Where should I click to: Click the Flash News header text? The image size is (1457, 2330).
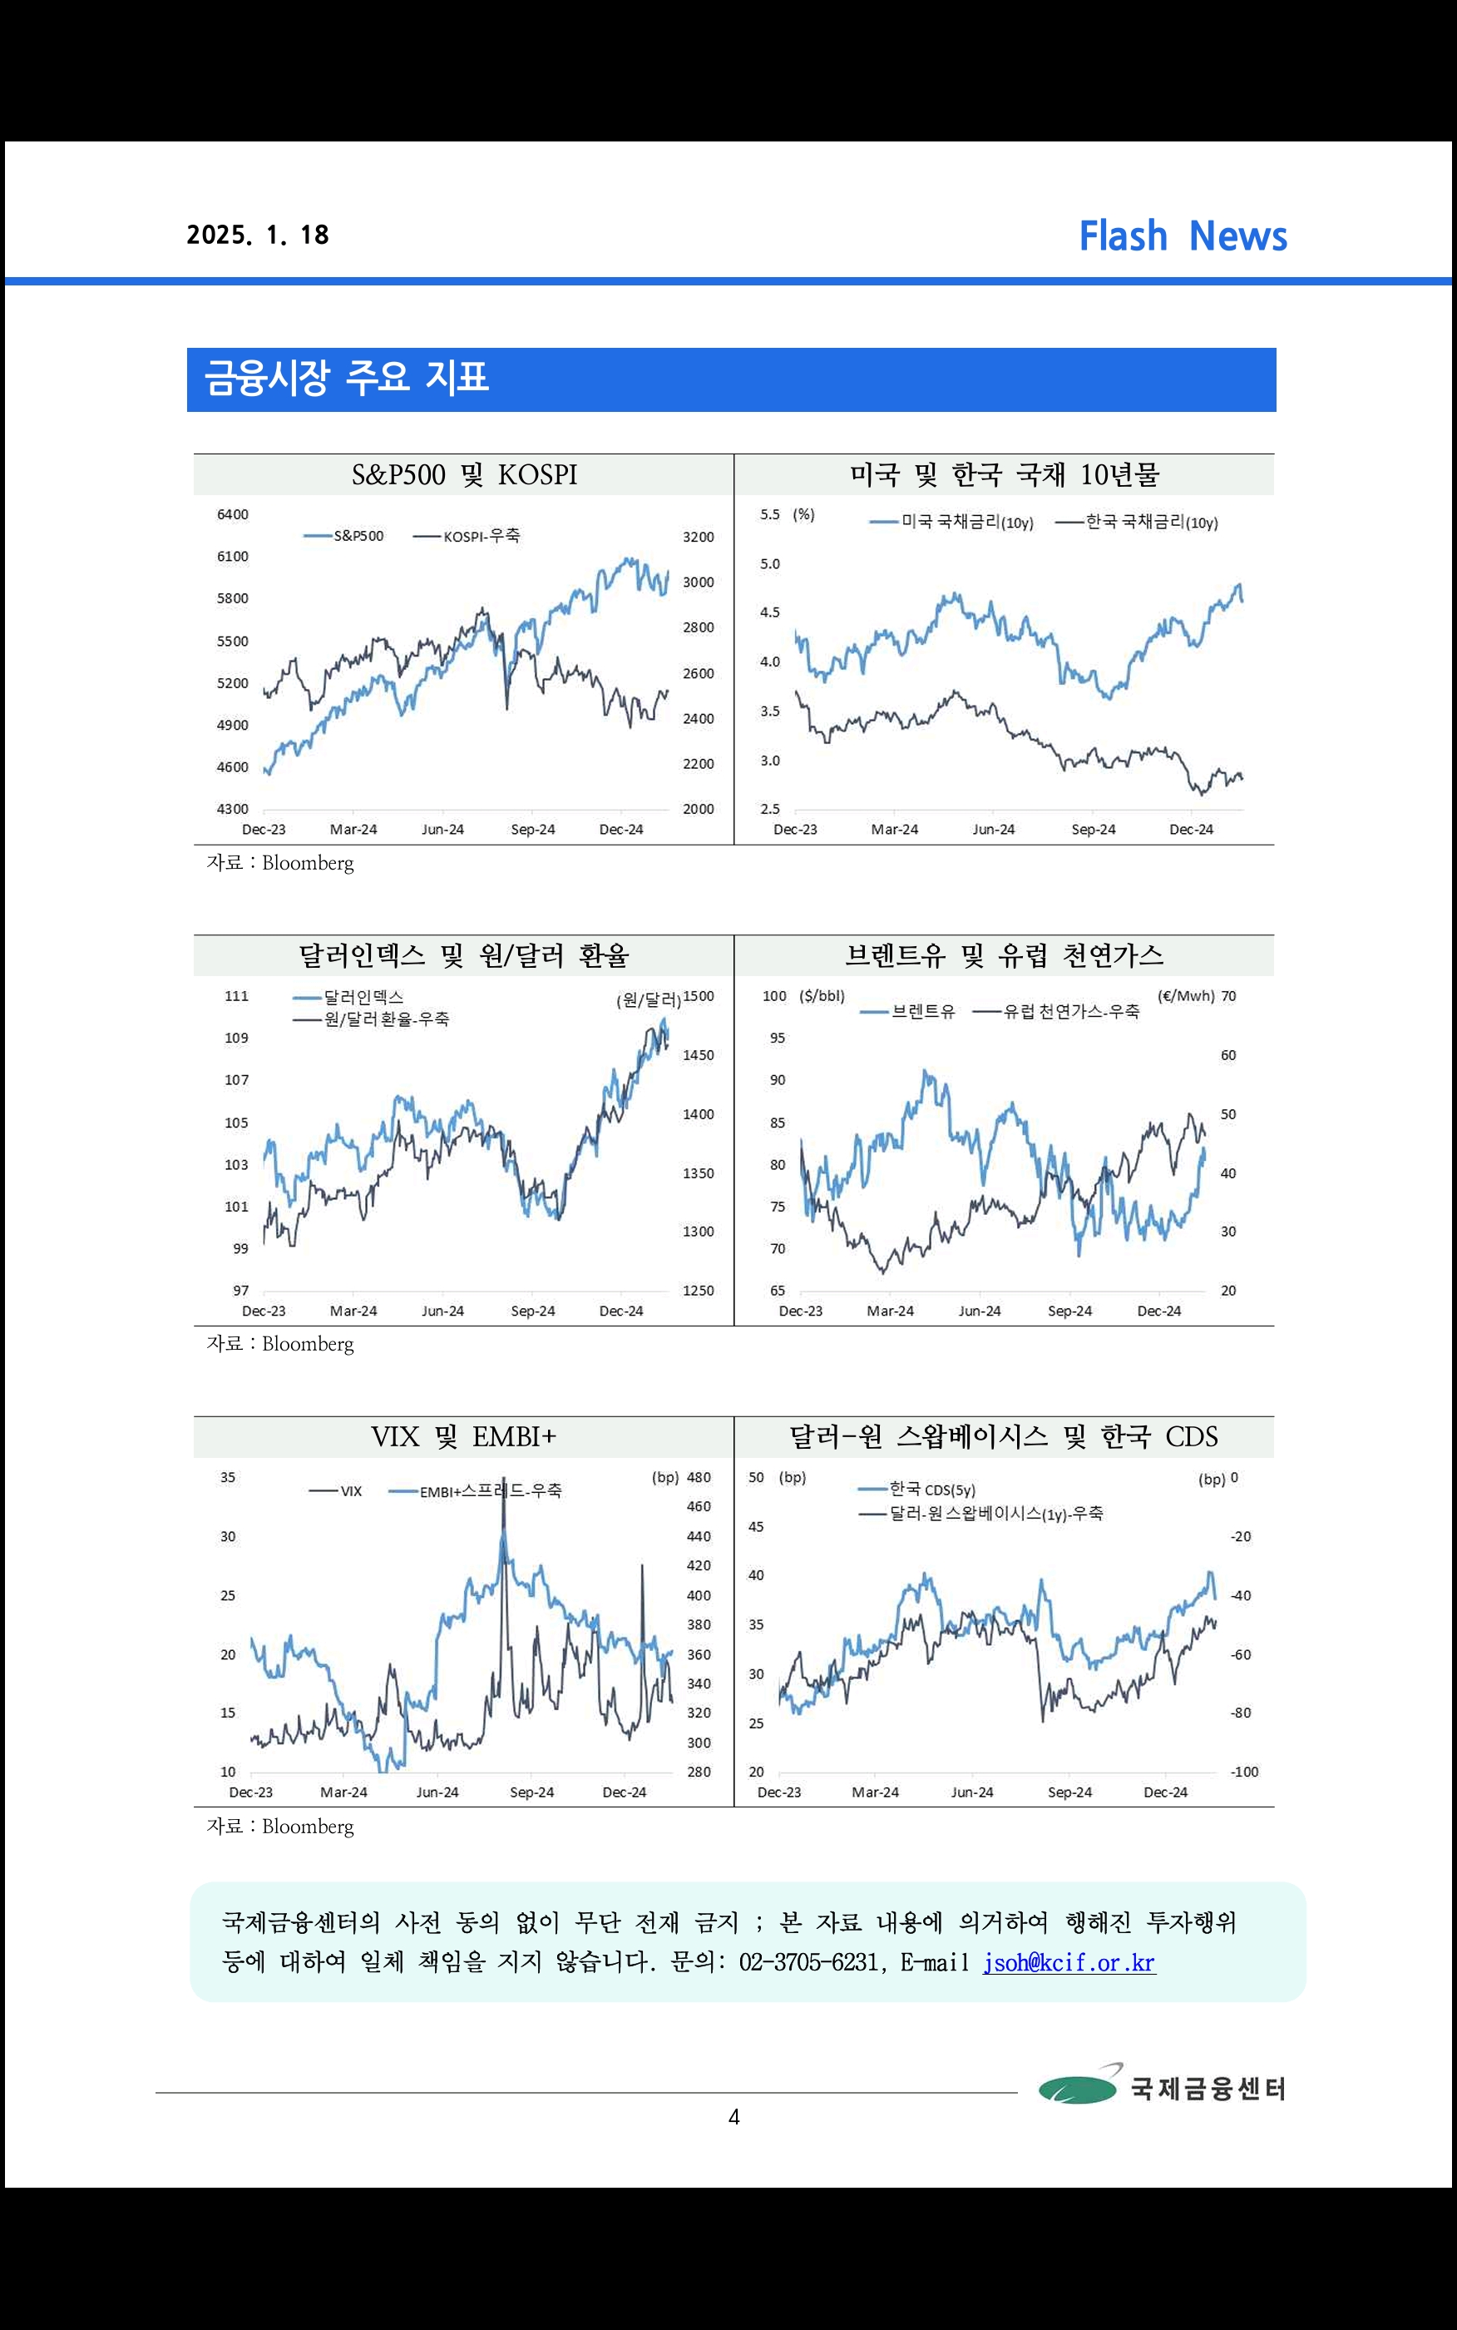point(1183,236)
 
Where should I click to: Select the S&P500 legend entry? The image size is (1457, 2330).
point(344,536)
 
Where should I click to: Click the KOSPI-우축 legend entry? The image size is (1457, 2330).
point(467,536)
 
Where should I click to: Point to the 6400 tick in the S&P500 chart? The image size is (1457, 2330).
point(232,515)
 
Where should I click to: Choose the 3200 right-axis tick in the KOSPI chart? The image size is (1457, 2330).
point(699,537)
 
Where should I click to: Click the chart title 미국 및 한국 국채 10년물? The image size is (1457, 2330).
point(1004,474)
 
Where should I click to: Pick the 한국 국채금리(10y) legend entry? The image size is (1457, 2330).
point(1137,523)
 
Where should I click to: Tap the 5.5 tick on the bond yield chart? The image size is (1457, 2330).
point(770,515)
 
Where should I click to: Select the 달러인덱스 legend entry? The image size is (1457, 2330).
point(348,998)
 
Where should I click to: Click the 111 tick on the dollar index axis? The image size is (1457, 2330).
point(236,996)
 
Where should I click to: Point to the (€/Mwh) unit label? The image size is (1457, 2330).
point(1185,996)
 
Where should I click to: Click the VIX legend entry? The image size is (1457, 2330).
point(336,1491)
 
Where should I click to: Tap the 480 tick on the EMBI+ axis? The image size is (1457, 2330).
point(699,1477)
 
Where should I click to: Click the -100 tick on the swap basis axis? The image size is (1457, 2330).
point(1244,1772)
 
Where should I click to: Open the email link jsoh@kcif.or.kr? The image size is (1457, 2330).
point(1069,1963)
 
